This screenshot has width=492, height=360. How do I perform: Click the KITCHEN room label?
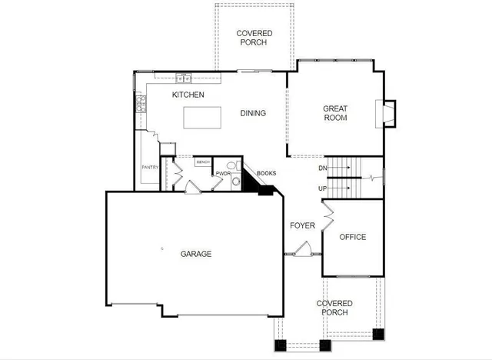(x=188, y=95)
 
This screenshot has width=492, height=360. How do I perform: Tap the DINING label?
(x=253, y=113)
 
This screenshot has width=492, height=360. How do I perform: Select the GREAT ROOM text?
(x=334, y=113)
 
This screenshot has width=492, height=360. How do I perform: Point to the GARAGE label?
(x=196, y=254)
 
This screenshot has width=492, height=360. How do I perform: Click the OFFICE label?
(x=353, y=237)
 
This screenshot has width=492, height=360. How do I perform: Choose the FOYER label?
(x=302, y=225)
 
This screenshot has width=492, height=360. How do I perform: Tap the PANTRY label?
(x=149, y=167)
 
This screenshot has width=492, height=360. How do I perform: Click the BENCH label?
(x=203, y=162)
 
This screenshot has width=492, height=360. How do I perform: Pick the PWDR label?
(x=223, y=174)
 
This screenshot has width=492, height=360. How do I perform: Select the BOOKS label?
(x=267, y=173)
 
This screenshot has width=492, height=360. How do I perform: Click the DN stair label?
(x=323, y=168)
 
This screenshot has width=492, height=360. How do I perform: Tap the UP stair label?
(x=323, y=188)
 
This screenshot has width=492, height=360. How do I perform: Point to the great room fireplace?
(x=387, y=113)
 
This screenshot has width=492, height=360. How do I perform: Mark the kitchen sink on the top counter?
(x=183, y=77)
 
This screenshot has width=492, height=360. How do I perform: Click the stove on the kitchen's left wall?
(x=141, y=104)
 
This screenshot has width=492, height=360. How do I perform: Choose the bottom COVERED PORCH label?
(x=334, y=308)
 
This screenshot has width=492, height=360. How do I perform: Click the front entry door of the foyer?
(x=298, y=252)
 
